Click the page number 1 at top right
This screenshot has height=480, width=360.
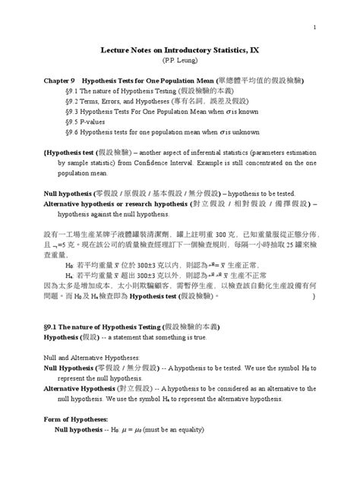point(313,28)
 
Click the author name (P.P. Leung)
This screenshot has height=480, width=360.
point(179,58)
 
